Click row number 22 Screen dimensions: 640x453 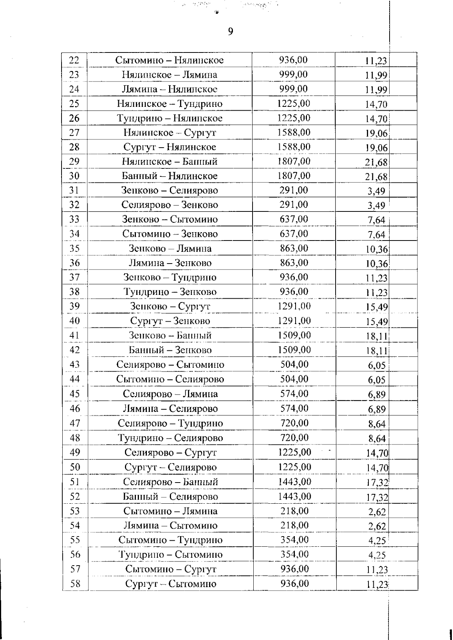(x=74, y=60)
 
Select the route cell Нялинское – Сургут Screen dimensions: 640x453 (x=169, y=133)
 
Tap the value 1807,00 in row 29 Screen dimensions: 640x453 (x=294, y=162)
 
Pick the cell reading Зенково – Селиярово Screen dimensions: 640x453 (x=169, y=191)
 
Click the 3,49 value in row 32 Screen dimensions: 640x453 (x=376, y=206)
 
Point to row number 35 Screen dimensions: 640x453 (x=75, y=248)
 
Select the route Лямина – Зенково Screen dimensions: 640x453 (x=170, y=263)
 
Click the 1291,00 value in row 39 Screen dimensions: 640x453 (x=294, y=306)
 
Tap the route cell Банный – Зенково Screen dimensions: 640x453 (x=170, y=350)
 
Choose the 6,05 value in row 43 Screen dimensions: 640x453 (x=376, y=365)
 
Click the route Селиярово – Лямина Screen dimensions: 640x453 (x=170, y=394)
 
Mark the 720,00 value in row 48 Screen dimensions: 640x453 (x=294, y=438)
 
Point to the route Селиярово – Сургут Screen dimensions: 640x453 (x=170, y=452)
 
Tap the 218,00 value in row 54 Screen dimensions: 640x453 (x=294, y=525)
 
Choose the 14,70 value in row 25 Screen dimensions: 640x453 (x=376, y=105)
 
